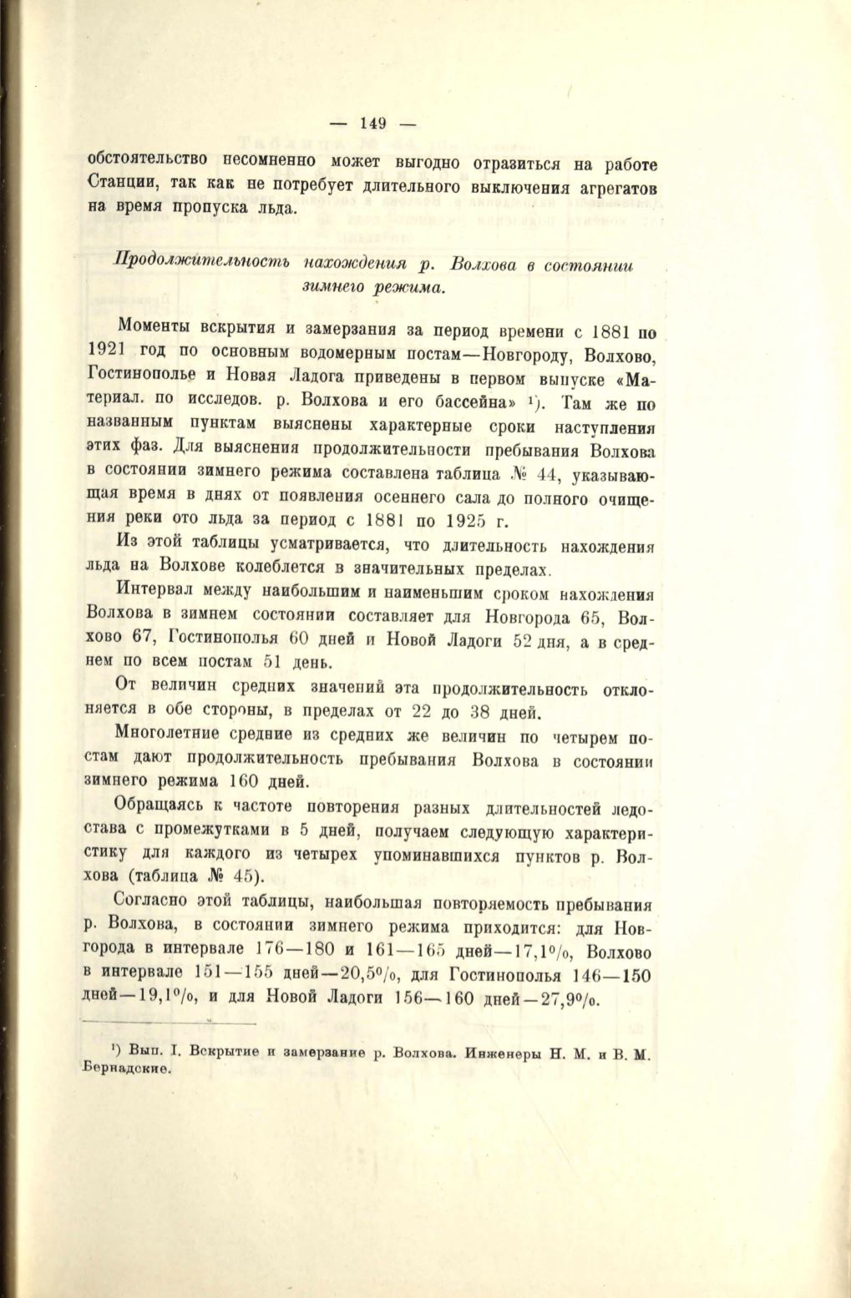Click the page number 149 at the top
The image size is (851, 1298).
pos(372,124)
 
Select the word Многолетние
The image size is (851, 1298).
pos(171,735)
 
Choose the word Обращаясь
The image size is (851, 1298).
pos(162,808)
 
